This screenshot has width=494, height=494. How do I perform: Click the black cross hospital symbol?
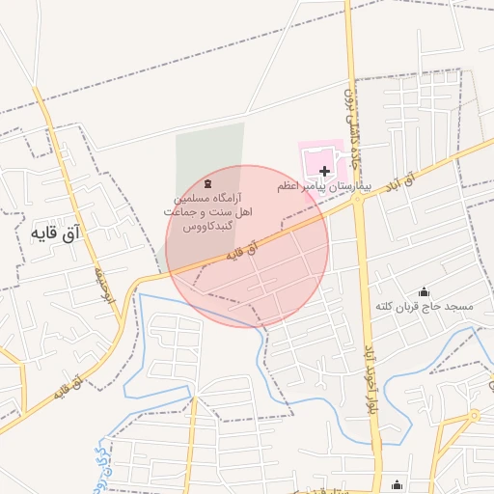(x=323, y=171)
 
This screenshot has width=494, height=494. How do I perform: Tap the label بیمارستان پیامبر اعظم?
(x=325, y=183)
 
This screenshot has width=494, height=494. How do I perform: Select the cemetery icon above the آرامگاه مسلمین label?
(x=208, y=183)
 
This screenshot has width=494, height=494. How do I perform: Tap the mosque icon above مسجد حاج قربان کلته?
(x=424, y=292)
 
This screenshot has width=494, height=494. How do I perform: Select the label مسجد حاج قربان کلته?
(x=425, y=307)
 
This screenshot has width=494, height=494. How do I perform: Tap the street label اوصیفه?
(x=105, y=286)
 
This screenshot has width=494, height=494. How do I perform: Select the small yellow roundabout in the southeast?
(x=474, y=415)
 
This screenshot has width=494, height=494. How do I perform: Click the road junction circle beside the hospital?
(x=358, y=200)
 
